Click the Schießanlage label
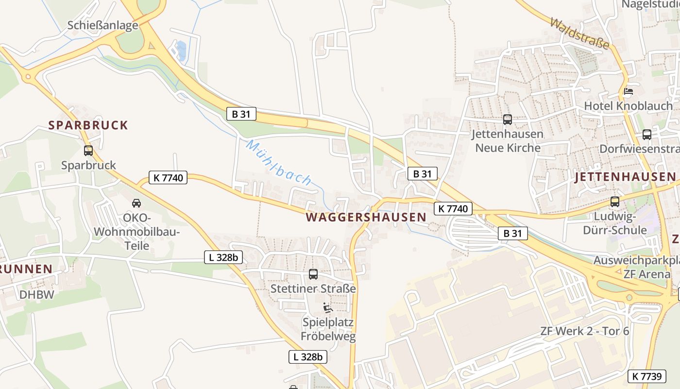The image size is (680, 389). pos(103,25)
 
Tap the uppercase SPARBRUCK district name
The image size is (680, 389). pos(88,125)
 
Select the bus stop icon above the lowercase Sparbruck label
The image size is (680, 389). pos(88,151)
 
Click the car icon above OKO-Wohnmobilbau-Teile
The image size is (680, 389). pos(136,203)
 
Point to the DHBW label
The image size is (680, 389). pos(36,295)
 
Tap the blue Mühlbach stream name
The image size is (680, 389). pos(279,162)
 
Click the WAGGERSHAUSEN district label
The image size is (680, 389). pos(366,217)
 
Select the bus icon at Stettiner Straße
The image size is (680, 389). pos(313,274)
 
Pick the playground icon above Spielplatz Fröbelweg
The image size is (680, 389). pos(328,308)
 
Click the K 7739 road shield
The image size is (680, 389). pos(647,376)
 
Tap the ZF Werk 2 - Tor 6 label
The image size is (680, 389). pos(584,331)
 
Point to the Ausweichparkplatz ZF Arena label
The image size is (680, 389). pos(636,267)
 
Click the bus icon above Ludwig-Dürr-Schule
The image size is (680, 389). pos(615,201)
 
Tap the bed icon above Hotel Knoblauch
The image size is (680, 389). pos(629,91)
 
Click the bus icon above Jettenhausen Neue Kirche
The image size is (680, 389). pos(508,119)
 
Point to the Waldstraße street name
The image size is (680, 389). pos(580,34)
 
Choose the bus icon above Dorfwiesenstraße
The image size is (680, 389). pos(647,135)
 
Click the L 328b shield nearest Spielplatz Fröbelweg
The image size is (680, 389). pos(308,357)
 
